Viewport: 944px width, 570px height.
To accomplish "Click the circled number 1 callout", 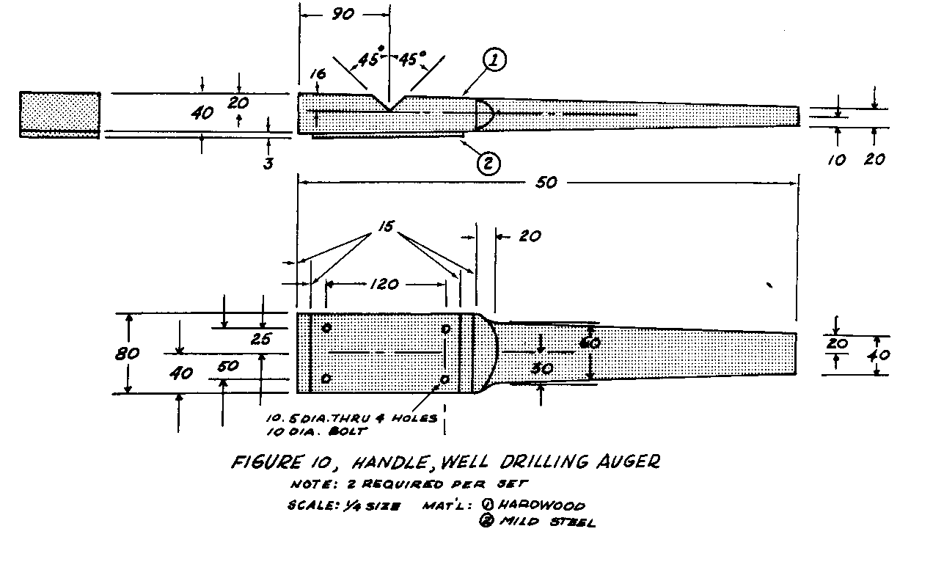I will (494, 61).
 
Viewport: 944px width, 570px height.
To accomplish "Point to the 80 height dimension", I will (128, 354).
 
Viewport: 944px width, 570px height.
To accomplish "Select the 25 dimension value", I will (261, 339).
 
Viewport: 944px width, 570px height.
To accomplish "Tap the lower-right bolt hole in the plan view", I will (444, 379).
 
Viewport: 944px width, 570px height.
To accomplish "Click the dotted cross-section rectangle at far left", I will (59, 114).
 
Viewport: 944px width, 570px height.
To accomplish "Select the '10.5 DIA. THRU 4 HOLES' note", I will (351, 418).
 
